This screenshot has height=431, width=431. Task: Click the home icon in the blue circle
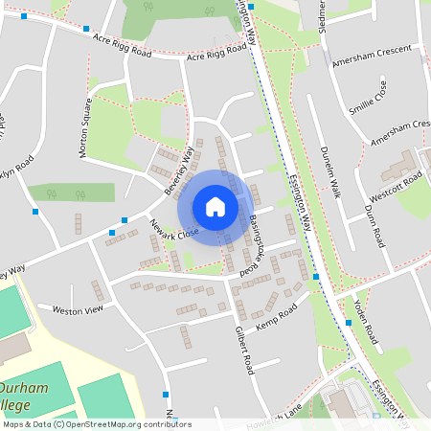click(x=215, y=207)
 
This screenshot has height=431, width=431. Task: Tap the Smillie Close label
click(x=368, y=97)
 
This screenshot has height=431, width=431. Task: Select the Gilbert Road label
click(x=243, y=349)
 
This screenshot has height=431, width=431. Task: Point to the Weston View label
click(x=77, y=310)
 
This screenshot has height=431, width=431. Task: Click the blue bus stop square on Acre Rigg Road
click(x=87, y=30)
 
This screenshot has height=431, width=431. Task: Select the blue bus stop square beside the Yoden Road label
click(x=349, y=324)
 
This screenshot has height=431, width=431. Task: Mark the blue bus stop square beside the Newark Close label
click(x=125, y=219)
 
